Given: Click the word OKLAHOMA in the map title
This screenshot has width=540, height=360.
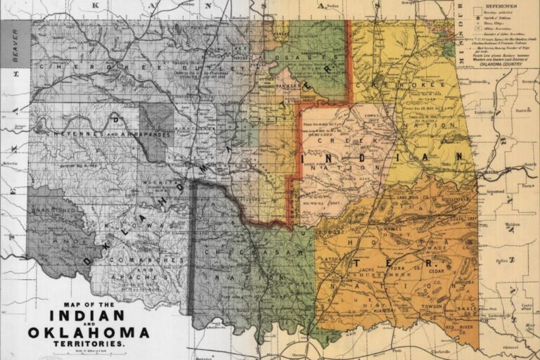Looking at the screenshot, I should pyautogui.click(x=89, y=332).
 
